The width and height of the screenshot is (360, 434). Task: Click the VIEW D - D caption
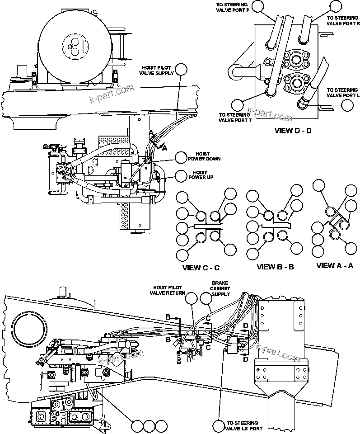(x=293, y=132)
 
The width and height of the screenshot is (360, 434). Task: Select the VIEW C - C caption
(x=201, y=268)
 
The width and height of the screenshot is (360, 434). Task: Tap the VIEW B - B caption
(x=276, y=267)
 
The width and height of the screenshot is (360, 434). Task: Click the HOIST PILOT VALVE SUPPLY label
(x=155, y=71)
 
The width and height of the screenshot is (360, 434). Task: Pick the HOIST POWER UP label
(x=200, y=175)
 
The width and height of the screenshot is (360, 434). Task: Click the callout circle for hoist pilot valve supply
(x=181, y=70)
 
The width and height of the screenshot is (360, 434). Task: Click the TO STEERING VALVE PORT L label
(x=343, y=93)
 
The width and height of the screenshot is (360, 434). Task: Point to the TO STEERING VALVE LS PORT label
(x=243, y=426)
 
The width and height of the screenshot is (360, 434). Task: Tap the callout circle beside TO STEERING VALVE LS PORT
(x=219, y=426)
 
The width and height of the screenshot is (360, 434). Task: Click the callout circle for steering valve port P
(x=257, y=6)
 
